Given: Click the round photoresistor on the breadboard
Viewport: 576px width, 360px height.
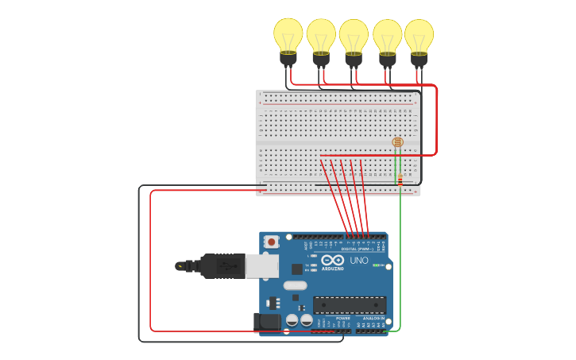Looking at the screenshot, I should pyautogui.click(x=397, y=142).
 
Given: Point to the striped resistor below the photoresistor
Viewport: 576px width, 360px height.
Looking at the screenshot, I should pyautogui.click(x=400, y=180).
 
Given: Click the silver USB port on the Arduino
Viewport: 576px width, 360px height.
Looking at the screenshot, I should pyautogui.click(x=261, y=265).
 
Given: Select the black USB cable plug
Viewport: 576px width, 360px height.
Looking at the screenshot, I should pyautogui.click(x=222, y=265).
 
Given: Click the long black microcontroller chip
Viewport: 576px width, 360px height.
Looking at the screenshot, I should pyautogui.click(x=350, y=304).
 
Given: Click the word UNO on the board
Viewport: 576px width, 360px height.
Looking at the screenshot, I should pyautogui.click(x=359, y=260).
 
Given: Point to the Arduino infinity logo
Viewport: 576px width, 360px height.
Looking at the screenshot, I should pyautogui.click(x=334, y=260).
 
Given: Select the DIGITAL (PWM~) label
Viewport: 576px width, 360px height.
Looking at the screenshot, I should pyautogui.click(x=354, y=249).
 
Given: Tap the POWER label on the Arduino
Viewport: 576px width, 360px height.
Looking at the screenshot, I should pyautogui.click(x=342, y=318).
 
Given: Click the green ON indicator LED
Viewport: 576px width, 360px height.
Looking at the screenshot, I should pyautogui.click(x=376, y=265).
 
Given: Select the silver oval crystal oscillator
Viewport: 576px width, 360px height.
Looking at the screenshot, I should pyautogui.click(x=295, y=285).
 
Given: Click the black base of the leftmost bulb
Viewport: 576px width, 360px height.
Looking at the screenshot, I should pyautogui.click(x=288, y=59).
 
